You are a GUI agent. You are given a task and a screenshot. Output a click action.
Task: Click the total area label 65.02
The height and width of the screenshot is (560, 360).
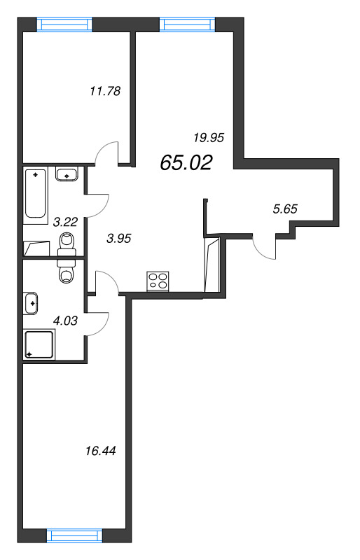pyautogui.click(x=186, y=162)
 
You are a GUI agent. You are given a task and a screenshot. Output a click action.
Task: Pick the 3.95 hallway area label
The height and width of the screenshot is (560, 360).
pyautogui.click(x=120, y=237)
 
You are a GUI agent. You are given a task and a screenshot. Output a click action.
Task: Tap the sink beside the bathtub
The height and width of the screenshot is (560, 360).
pyautogui.click(x=67, y=174)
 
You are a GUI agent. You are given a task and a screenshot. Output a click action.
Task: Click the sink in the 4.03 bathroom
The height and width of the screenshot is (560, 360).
pyautogui.click(x=32, y=302)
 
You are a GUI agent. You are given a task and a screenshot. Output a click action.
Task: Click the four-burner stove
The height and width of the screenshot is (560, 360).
pyautogui.click(x=158, y=281)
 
